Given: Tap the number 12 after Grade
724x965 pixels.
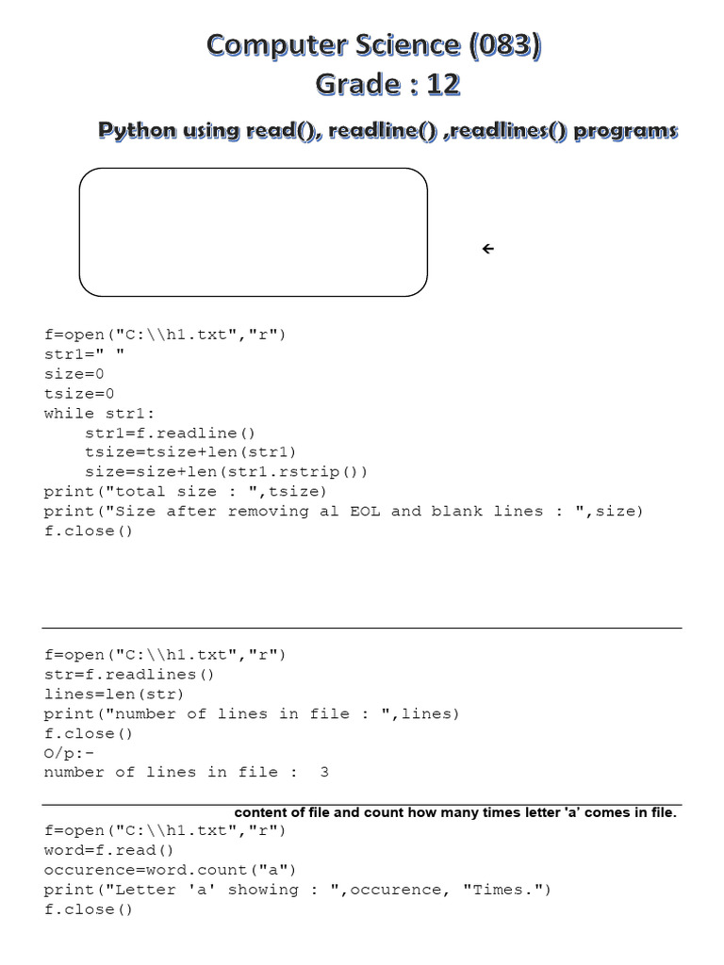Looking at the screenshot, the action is pos(442,85).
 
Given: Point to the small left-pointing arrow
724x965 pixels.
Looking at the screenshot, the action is pos(487,249).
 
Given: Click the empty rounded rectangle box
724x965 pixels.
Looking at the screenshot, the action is pos(253,232).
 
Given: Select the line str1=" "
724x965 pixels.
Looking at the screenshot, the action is pos(84,354).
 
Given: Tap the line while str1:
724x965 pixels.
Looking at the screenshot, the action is pos(94,414).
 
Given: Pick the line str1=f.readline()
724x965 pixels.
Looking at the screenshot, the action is pos(171,433).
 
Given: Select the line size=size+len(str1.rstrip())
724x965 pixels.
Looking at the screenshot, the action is pos(226,472).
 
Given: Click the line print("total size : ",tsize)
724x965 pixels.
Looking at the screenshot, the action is pos(186,491).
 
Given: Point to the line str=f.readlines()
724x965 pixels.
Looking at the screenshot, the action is pos(130,675).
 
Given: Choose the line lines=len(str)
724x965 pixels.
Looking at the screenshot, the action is pos(114,695).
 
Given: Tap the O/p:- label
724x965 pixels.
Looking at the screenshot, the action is pos(69,753).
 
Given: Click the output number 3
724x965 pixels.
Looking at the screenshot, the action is pos(324,772).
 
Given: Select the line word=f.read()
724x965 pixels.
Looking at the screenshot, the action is pos(115,850).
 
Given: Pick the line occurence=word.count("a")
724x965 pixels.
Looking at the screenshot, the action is pos(171,870).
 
